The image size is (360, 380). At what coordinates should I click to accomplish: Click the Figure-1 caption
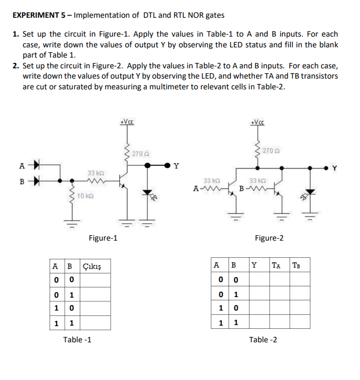tap(103, 238)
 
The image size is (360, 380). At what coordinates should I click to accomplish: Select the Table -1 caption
tap(77, 339)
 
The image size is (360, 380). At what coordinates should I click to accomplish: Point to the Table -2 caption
tap(263, 339)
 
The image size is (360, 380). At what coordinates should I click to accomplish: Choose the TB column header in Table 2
tap(297, 265)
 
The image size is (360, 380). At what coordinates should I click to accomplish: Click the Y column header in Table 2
tap(254, 265)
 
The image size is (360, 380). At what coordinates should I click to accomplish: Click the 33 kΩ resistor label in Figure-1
tap(95, 173)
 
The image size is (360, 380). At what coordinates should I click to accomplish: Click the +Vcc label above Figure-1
tap(128, 122)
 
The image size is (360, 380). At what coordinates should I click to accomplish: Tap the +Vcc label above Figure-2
tap(258, 122)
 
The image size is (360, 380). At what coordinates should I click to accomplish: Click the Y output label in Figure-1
tap(175, 166)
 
